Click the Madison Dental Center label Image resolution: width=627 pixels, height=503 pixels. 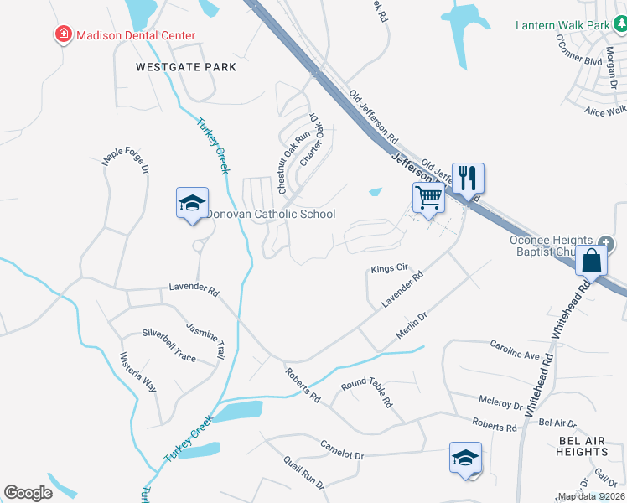coord(135,35)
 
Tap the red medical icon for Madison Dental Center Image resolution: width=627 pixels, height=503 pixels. coord(63,35)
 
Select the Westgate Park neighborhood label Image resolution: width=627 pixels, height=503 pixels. coord(186,66)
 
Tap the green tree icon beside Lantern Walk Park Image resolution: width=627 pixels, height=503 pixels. coord(619,25)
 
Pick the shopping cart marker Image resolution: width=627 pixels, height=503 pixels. coord(428,199)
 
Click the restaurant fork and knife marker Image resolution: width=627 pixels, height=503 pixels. coord(468,178)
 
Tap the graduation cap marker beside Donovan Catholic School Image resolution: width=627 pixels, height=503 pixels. coord(192,203)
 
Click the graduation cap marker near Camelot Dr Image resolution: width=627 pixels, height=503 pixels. coord(465,458)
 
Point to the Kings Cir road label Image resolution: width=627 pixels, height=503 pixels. coord(389,269)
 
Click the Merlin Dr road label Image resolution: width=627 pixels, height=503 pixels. coord(412,328)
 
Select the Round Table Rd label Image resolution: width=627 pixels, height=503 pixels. coord(366,392)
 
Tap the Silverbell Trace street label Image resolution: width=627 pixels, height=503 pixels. coord(168,345)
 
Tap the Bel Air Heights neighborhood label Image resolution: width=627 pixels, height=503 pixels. coord(582,446)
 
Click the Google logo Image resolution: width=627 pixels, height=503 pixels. coord(28,492)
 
